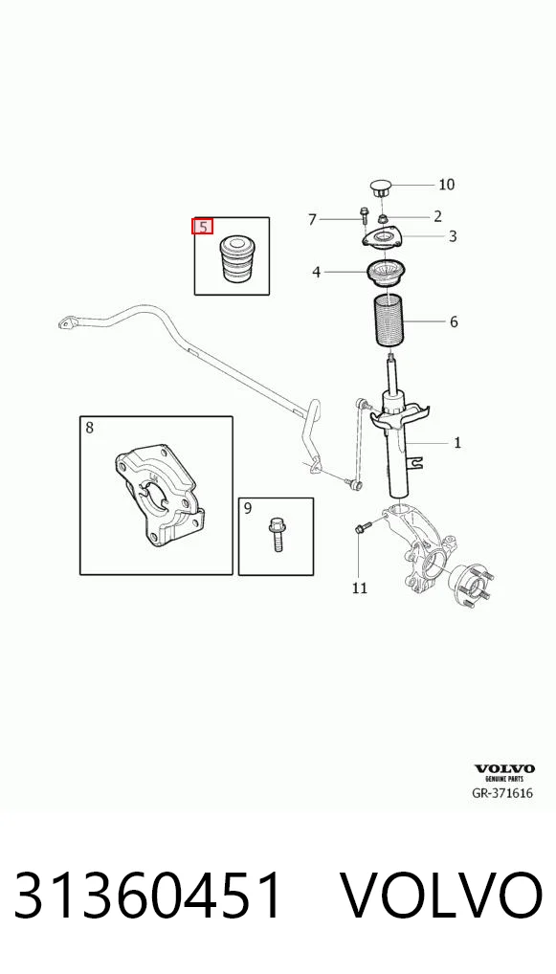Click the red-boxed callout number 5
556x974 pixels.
(x=203, y=226)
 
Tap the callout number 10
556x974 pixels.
(x=446, y=185)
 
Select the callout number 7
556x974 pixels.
(x=313, y=219)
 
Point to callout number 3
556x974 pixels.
(x=453, y=236)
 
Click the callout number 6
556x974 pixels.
(x=454, y=321)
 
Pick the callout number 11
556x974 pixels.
(x=360, y=587)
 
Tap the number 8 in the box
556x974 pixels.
(x=89, y=428)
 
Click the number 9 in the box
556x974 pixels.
(x=248, y=509)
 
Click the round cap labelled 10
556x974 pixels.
(x=379, y=187)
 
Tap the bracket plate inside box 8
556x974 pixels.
(x=159, y=495)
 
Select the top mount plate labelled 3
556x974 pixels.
(x=382, y=241)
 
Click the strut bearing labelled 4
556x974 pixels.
(x=387, y=276)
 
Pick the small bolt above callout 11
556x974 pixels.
(x=362, y=528)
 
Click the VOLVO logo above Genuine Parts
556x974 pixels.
(x=504, y=769)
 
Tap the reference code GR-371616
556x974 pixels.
(x=502, y=793)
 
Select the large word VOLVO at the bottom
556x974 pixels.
(x=443, y=896)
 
